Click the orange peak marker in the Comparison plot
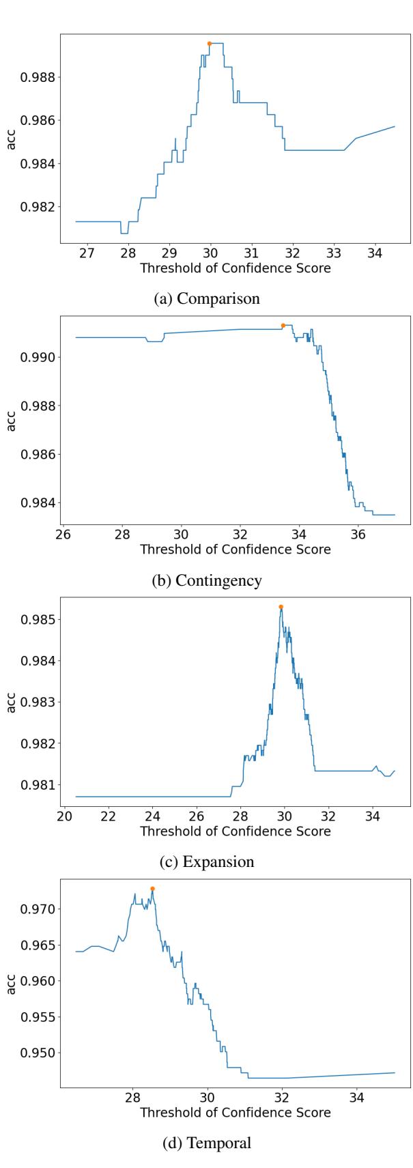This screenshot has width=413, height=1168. pos(210,43)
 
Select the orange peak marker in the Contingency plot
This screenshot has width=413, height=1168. pos(283,325)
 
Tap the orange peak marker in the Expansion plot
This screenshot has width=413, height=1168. pos(281,607)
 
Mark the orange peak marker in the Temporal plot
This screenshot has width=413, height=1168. pos(152,889)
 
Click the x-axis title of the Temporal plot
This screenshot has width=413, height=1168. pos(235,1112)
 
